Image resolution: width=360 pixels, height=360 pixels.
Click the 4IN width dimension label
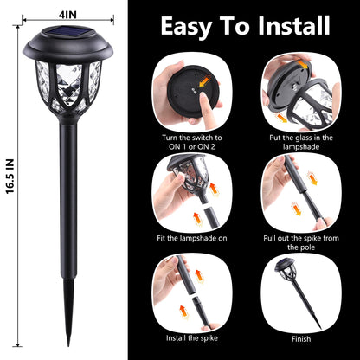[x=67, y=14]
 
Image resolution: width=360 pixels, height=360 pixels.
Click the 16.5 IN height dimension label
[x=10, y=177]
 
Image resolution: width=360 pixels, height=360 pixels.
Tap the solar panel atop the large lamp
[x=68, y=30]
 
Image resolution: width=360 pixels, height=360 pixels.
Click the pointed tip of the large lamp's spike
[x=68, y=345]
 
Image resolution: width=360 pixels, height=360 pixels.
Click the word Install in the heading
[x=294, y=25]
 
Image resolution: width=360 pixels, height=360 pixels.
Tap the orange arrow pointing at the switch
[x=205, y=81]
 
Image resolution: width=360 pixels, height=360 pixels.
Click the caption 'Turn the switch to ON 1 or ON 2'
[x=192, y=142]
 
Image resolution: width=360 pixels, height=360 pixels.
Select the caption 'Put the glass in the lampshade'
[x=301, y=142]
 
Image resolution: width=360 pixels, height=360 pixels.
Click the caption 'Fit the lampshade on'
[x=192, y=238]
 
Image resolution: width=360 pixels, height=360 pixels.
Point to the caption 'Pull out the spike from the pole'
[x=301, y=242]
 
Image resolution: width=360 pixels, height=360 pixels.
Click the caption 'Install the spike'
[x=192, y=338]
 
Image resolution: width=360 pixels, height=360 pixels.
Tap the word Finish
[x=301, y=339]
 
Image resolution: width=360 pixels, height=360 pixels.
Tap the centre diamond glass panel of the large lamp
[x=69, y=83]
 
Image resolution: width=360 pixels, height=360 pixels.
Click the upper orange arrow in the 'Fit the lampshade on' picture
[x=214, y=190]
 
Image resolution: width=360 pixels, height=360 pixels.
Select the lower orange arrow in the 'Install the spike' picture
[x=183, y=312]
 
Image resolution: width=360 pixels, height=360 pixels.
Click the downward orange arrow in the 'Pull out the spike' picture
[x=297, y=209]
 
